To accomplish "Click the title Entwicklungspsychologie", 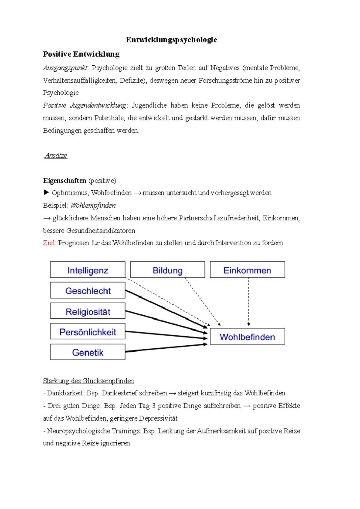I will tap(171, 40).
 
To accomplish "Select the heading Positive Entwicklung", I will tap(81, 54).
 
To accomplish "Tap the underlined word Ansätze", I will tap(56, 156).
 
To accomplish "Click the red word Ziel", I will tap(49, 243).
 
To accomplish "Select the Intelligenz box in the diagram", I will tap(88, 270).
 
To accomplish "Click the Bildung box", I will tap(167, 270).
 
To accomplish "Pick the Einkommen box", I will tap(247, 270).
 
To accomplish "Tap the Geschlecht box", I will tap(88, 290).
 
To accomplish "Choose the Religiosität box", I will tap(88, 311).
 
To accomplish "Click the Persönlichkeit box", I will tap(88, 332).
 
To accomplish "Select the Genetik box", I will tap(88, 352).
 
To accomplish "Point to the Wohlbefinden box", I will tap(247, 337).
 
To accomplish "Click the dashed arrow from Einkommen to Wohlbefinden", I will tap(248, 301).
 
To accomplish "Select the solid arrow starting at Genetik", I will tap(166, 348).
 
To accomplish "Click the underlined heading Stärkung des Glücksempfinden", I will tap(88, 381).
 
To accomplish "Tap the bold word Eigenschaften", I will tap(64, 181).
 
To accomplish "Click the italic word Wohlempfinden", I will tap(93, 206).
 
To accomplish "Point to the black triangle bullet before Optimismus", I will tap(46, 192).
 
